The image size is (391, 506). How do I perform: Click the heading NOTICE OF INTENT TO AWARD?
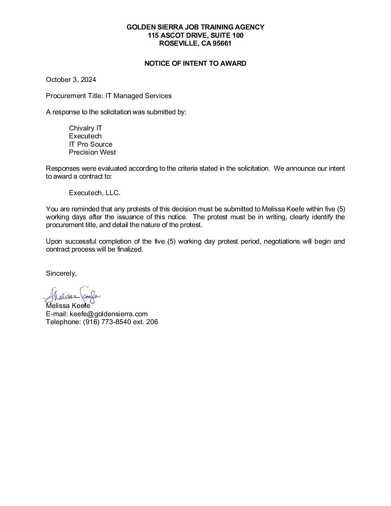tap(195, 64)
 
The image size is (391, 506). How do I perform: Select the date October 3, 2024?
tap(71, 80)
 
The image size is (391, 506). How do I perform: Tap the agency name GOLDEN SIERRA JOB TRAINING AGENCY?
tap(195, 27)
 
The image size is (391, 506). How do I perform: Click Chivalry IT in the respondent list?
tap(86, 128)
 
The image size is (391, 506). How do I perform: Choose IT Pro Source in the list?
tap(91, 144)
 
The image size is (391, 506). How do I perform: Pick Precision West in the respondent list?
tap(92, 152)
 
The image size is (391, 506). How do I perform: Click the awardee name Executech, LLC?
tap(95, 193)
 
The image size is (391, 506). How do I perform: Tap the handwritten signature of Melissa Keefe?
tap(72, 296)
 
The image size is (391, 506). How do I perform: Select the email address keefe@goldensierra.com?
tap(109, 314)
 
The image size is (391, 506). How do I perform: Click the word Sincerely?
tap(61, 273)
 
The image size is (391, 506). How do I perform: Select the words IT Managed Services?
tap(138, 96)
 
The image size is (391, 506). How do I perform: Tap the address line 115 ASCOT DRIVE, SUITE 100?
tap(195, 35)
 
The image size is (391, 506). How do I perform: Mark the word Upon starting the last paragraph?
tap(54, 241)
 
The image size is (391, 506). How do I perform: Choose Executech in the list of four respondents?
tap(85, 136)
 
